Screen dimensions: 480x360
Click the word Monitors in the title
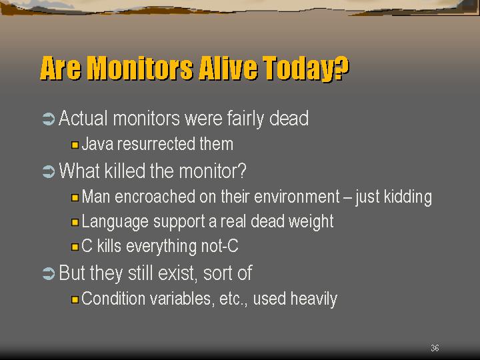140,68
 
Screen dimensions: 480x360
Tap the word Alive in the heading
228,68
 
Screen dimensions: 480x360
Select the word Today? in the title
305,69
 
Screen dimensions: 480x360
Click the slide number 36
435,348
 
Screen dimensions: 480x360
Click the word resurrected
156,144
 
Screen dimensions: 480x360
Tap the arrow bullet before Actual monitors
49,119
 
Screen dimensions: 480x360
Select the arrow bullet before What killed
49,171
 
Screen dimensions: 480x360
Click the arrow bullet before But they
49,273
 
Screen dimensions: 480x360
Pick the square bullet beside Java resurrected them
75,145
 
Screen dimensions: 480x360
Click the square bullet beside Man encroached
75,197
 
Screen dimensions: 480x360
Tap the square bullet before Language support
75,222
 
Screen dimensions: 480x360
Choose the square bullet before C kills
75,247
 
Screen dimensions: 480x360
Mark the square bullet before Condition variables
75,299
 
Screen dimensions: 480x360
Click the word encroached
155,197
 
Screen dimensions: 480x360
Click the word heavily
313,299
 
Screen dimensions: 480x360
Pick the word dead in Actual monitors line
289,119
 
